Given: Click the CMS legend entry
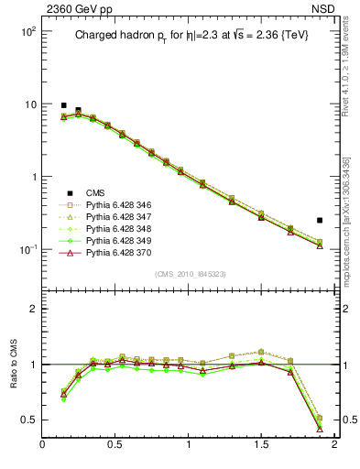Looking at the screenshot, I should [x=95, y=192].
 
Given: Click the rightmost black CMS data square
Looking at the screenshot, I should [x=320, y=220].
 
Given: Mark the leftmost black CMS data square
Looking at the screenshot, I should [x=63, y=105].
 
